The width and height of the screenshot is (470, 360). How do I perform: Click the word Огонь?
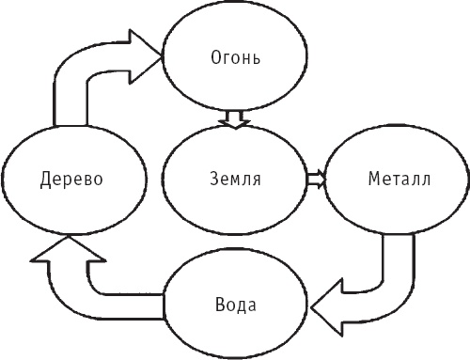point(233,58)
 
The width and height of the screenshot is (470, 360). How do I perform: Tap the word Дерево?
point(70,178)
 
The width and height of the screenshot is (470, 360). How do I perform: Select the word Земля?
point(234,178)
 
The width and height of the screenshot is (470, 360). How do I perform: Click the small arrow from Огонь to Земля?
point(232,120)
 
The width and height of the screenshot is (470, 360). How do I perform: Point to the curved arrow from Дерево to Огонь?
point(85,75)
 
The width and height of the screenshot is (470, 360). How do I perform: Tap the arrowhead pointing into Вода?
point(327,306)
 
